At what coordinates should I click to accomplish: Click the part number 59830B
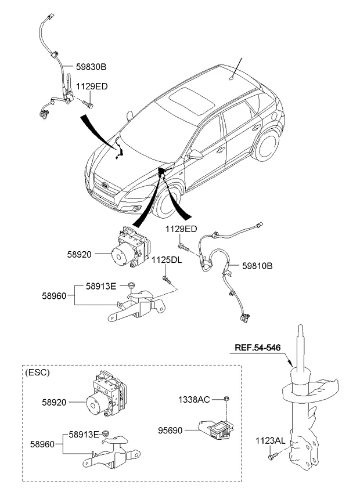[91, 67]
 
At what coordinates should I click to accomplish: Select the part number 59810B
[257, 266]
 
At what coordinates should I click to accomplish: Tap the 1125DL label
[167, 260]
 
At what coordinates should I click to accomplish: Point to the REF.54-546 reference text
[258, 348]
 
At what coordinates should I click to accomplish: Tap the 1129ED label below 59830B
[91, 86]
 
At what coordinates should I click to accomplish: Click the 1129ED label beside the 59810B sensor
[181, 229]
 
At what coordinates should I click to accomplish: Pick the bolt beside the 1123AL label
[271, 458]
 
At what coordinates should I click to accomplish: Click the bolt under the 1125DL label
[167, 281]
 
